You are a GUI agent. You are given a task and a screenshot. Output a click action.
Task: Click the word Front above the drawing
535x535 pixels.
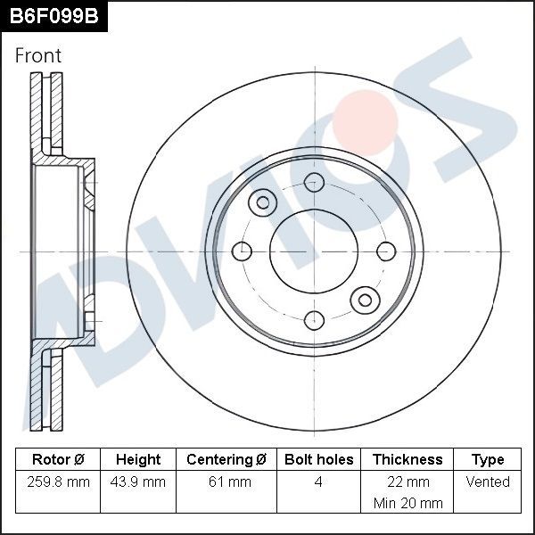(x=38, y=55)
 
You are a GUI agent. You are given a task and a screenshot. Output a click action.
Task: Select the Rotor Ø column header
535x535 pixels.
(x=58, y=459)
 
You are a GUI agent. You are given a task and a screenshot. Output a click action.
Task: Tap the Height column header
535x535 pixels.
(x=138, y=459)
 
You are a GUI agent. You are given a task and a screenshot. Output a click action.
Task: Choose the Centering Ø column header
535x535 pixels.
(x=226, y=459)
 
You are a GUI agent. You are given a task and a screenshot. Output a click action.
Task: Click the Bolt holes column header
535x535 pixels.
(x=318, y=459)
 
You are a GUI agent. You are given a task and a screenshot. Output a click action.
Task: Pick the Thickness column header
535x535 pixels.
(x=407, y=459)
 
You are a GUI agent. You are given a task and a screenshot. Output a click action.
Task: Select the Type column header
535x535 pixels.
(x=488, y=459)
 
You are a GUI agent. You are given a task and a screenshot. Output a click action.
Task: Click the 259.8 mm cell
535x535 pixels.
(x=58, y=481)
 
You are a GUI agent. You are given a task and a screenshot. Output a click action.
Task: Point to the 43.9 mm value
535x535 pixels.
(x=138, y=481)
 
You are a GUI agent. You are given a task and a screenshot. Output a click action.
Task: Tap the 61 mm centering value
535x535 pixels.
(x=226, y=481)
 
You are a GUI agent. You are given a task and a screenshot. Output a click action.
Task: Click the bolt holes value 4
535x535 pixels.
(x=318, y=481)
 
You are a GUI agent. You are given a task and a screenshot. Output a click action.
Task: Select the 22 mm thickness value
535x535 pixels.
(x=407, y=481)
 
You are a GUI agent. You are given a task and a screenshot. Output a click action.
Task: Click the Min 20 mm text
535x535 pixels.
(x=407, y=503)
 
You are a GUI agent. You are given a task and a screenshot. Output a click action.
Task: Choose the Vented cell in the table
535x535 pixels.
(x=488, y=481)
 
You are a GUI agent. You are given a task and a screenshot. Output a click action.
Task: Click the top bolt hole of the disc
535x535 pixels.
(x=314, y=183)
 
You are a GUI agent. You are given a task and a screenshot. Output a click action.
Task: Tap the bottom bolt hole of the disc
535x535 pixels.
(x=314, y=319)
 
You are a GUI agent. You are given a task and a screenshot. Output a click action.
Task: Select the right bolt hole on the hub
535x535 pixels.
(x=386, y=251)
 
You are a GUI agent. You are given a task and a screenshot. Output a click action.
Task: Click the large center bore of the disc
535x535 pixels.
(x=314, y=251)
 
